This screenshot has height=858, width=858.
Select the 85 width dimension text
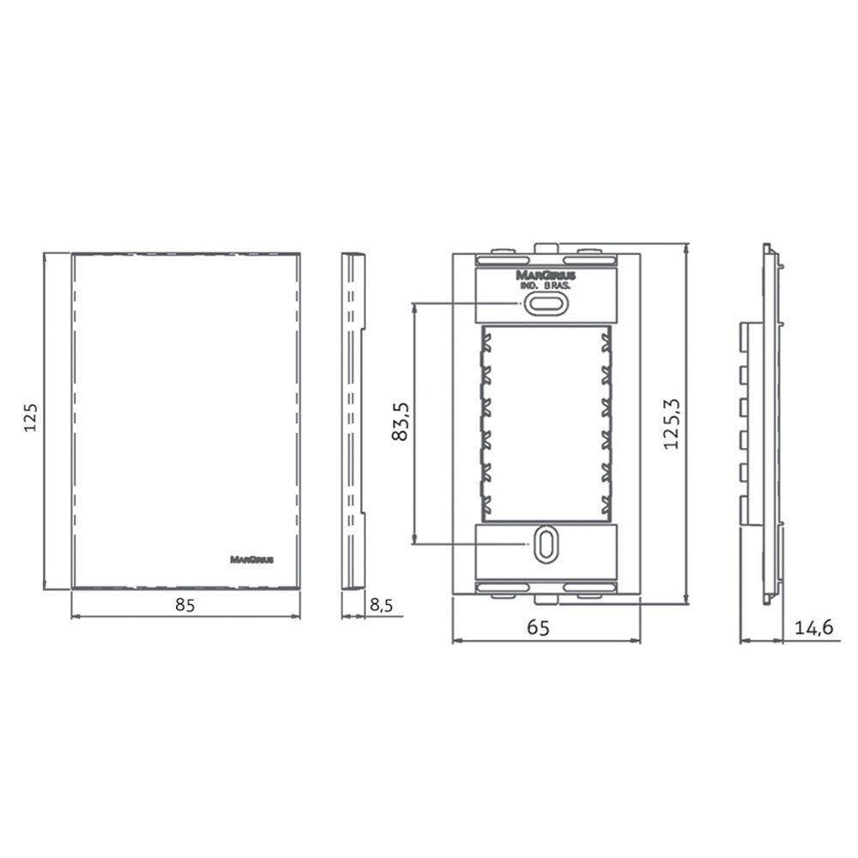(185, 604)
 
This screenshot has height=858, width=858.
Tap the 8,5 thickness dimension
(381, 605)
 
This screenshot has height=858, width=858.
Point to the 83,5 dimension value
(399, 422)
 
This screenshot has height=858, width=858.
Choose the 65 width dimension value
(538, 627)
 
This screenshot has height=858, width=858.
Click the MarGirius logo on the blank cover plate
(252, 559)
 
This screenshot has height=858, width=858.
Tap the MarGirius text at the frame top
(546, 275)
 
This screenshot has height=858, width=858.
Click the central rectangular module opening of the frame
(546, 422)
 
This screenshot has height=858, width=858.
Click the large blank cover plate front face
(185, 412)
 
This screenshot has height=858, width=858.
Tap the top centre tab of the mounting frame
(546, 248)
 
